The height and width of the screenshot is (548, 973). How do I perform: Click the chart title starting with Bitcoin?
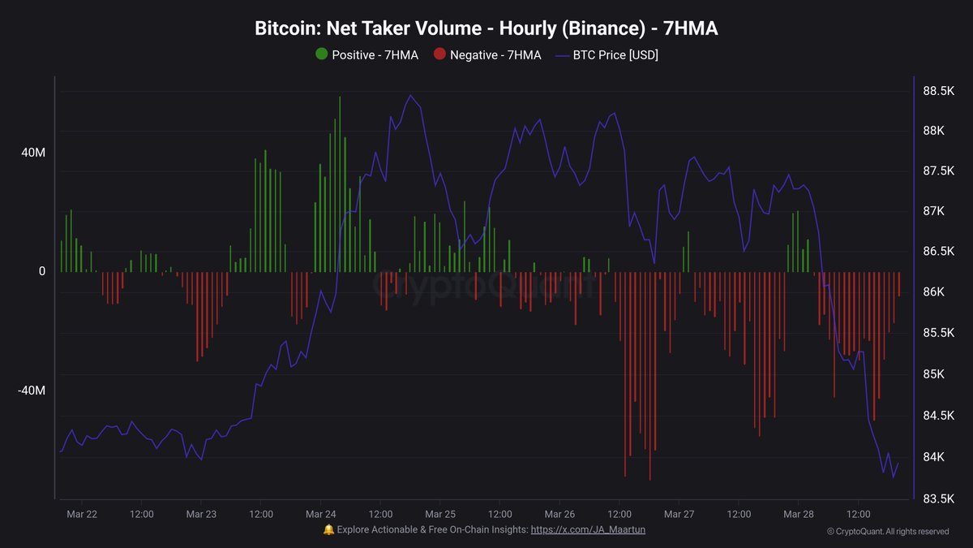click(x=486, y=28)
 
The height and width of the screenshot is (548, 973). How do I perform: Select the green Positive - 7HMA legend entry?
click(x=366, y=54)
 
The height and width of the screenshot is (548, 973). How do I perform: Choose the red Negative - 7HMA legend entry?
click(x=486, y=54)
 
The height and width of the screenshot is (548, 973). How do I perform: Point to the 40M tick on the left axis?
click(x=32, y=153)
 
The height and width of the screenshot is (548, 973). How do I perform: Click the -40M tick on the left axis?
click(x=32, y=391)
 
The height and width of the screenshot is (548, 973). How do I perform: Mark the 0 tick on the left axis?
click(x=41, y=271)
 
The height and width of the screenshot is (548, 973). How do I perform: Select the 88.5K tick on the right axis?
click(x=938, y=92)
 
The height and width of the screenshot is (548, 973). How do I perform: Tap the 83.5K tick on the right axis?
click(x=938, y=498)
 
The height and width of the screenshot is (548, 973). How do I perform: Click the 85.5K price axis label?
click(x=938, y=334)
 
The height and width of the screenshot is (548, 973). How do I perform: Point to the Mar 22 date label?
click(x=82, y=514)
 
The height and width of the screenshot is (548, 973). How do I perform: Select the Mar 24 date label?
click(x=321, y=514)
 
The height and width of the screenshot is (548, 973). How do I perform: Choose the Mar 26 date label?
click(x=559, y=514)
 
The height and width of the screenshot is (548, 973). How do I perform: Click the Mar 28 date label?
click(x=799, y=514)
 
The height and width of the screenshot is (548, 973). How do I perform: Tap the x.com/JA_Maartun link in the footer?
click(x=588, y=529)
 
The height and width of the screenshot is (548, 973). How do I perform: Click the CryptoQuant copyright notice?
click(x=888, y=532)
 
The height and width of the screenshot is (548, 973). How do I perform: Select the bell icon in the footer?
click(x=328, y=529)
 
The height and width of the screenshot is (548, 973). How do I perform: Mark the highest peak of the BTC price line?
click(x=410, y=96)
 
